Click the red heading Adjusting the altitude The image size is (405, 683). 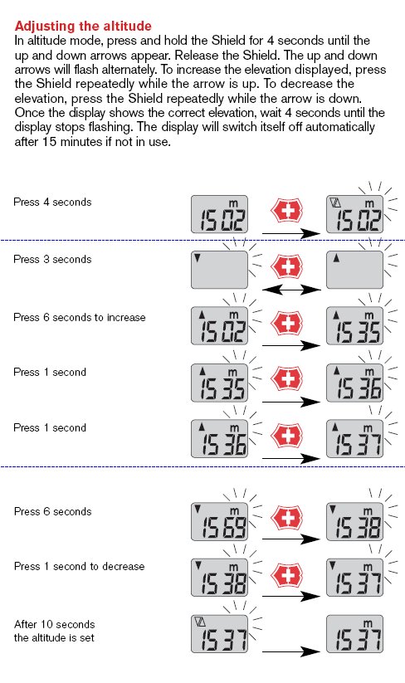83,26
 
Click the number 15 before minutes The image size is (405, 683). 50,142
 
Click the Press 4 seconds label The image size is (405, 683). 52,202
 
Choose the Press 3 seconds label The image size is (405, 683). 52,259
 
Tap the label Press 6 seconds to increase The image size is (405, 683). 80,317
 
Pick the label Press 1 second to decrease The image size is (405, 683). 80,566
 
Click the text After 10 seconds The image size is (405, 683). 55,624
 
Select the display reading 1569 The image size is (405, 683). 219,522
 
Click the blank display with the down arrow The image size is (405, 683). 219,270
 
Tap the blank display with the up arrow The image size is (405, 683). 355,270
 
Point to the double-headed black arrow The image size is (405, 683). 291,290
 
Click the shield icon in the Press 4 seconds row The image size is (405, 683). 286,211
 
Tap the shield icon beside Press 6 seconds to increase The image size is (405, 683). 286,324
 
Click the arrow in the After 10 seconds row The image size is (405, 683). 291,651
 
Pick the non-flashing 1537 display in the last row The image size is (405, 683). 355,634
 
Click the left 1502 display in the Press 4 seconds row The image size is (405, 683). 219,214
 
